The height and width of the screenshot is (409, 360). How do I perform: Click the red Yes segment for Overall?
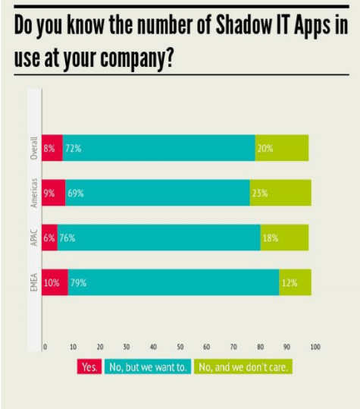pyautogui.click(x=52, y=148)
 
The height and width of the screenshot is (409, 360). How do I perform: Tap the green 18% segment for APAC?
pyautogui.click(x=284, y=238)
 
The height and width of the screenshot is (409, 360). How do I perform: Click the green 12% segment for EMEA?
pyautogui.click(x=295, y=282)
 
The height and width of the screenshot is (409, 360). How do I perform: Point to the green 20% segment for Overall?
pyautogui.click(x=282, y=148)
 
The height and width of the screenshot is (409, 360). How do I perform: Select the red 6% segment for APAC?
pyautogui.click(x=50, y=238)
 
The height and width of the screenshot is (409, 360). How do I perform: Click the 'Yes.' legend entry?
pyautogui.click(x=90, y=367)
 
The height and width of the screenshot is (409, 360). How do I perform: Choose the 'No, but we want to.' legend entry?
pyautogui.click(x=149, y=367)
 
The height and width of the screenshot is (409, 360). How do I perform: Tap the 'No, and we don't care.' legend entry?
pyautogui.click(x=244, y=367)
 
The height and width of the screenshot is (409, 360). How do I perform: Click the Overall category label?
pyautogui.click(x=33, y=147)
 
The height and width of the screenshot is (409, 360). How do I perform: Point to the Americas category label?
pyautogui.click(x=33, y=193)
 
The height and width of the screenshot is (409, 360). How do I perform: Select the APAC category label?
pyautogui.click(x=33, y=238)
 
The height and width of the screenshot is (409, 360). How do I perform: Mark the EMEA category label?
pyautogui.click(x=33, y=282)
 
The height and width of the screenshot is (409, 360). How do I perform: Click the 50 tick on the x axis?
pyautogui.click(x=180, y=348)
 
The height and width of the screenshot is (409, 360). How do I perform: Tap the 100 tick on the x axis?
pyautogui.click(x=315, y=348)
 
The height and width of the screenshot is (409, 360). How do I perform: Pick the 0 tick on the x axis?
pyautogui.click(x=45, y=348)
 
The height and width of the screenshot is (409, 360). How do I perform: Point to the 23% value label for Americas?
pyautogui.click(x=259, y=193)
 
